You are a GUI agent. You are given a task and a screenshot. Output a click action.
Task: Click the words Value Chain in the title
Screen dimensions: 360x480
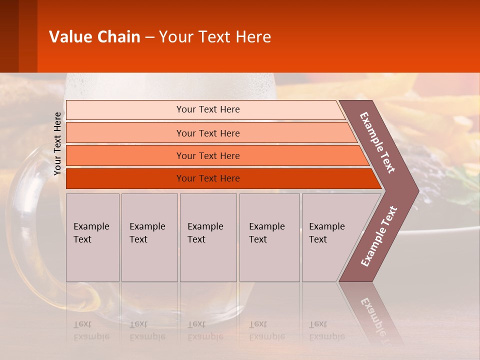pos(94,37)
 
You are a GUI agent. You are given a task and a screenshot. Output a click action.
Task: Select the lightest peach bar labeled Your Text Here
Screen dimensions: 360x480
pos(207,109)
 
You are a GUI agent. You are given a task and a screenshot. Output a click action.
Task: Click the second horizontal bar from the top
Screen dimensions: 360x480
pos(207,133)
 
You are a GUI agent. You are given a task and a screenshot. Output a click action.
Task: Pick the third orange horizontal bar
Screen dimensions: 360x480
pos(207,155)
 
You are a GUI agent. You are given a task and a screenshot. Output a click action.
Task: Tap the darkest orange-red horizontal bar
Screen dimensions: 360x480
pos(207,178)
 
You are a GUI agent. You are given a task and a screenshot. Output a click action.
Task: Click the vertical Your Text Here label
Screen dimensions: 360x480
pos(57,143)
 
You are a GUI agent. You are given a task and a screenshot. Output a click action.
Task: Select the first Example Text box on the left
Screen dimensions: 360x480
pos(92,237)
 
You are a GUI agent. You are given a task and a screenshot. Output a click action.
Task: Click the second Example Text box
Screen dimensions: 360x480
pos(149,237)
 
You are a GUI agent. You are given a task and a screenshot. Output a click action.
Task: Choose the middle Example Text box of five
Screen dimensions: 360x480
pos(207,237)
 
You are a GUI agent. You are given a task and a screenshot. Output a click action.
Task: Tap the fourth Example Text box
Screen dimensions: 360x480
pos(269,237)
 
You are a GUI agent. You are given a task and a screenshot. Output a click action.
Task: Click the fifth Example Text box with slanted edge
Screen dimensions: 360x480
pos(327,237)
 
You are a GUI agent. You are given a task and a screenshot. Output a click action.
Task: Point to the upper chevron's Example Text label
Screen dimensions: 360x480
pos(377,142)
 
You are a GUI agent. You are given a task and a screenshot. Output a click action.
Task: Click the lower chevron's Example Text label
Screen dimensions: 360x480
pos(379,236)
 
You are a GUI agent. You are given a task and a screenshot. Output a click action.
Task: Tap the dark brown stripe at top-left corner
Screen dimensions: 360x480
pos(9,36)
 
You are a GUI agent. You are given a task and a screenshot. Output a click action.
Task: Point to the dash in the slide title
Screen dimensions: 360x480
pos(149,37)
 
